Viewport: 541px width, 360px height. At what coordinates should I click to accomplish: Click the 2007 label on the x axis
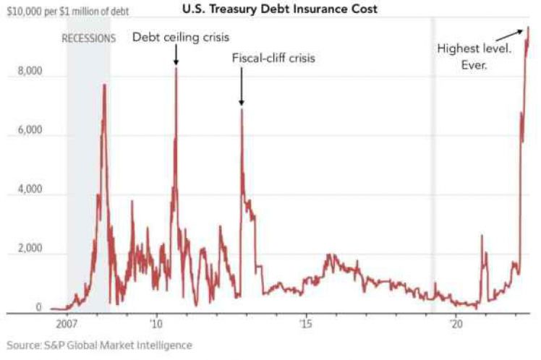(67, 324)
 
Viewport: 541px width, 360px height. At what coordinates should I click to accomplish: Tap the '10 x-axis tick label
(156, 324)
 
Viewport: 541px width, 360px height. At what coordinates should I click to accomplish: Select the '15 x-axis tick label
(306, 324)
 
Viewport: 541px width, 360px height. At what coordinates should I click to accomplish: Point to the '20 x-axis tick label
(456, 324)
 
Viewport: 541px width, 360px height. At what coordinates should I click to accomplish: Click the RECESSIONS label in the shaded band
(88, 38)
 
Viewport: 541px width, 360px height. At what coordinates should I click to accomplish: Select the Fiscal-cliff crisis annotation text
(273, 59)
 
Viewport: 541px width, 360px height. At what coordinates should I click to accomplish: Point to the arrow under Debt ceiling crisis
(176, 56)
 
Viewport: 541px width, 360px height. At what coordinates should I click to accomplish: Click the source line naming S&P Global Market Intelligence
(100, 346)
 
